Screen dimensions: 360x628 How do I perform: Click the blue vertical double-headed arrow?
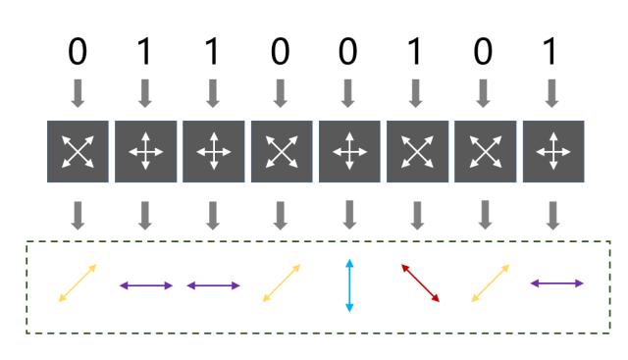[348, 285]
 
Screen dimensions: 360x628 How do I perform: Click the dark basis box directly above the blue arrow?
[348, 150]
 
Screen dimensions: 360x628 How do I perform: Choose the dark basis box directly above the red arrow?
[417, 150]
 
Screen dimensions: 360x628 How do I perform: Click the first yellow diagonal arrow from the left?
[78, 283]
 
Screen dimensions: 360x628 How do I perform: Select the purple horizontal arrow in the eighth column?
[556, 283]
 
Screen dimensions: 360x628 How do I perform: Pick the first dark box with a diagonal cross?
[78, 150]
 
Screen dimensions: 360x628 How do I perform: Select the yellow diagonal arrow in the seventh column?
[490, 283]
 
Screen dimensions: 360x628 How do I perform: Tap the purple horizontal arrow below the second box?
[145, 285]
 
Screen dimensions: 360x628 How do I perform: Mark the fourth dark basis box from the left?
[281, 150]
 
